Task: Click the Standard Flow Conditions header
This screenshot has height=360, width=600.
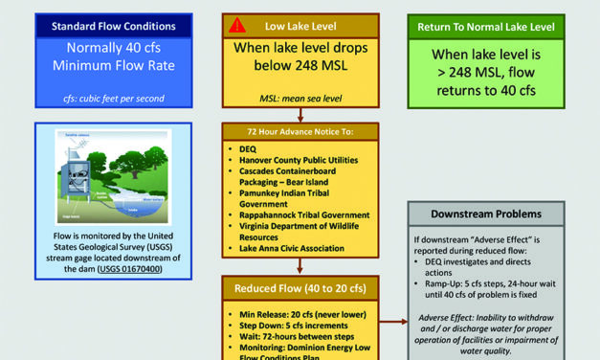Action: [x=113, y=26]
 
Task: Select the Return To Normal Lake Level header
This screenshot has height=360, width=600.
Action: [x=485, y=27]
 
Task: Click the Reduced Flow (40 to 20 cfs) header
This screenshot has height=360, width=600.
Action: [x=300, y=288]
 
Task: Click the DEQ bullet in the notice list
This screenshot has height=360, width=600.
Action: [x=247, y=148]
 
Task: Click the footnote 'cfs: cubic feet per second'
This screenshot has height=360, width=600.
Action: [x=114, y=98]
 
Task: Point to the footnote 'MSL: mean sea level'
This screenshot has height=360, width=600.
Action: [x=300, y=98]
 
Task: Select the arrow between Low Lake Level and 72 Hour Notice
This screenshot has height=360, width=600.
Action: [x=300, y=114]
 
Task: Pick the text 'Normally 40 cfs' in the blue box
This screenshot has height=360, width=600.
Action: [x=113, y=49]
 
